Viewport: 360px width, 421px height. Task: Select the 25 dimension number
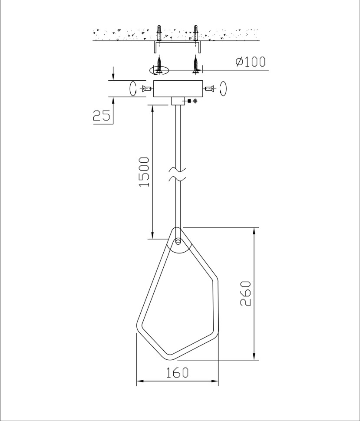click(x=101, y=115)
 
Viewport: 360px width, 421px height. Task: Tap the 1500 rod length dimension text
click(x=144, y=172)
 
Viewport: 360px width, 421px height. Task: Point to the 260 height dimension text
click(x=246, y=293)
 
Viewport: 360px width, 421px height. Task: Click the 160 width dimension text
click(x=177, y=373)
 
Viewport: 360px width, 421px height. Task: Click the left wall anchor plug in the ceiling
click(x=160, y=33)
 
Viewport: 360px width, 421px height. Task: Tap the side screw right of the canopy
click(x=209, y=89)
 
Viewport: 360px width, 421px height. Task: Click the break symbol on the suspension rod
click(x=178, y=173)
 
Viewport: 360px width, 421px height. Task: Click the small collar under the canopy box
click(x=178, y=101)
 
